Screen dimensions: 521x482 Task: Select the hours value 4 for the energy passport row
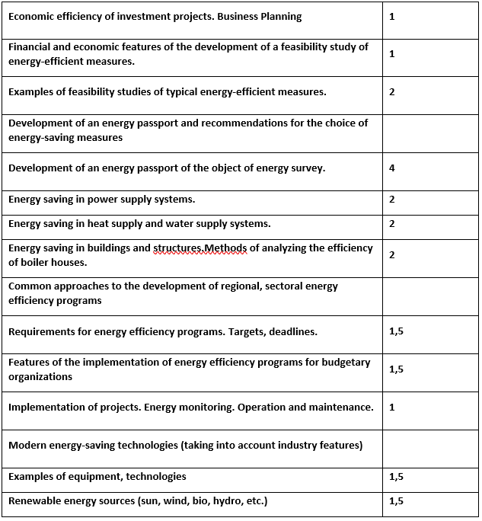point(391,168)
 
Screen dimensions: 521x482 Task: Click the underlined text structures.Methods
point(200,248)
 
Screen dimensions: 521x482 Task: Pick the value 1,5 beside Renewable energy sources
point(396,500)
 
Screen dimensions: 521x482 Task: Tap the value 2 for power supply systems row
point(391,200)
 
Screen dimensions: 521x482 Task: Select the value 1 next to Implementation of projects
point(391,407)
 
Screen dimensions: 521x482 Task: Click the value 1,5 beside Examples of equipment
point(396,476)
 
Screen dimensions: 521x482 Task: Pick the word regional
point(246,286)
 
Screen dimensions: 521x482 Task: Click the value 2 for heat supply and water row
point(391,223)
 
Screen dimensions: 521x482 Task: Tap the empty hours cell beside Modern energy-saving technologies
point(431,445)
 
